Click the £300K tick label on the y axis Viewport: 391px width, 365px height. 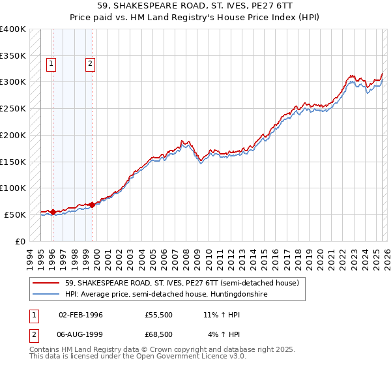click(x=12, y=82)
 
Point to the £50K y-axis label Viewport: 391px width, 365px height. click(x=14, y=214)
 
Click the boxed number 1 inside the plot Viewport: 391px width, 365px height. click(x=51, y=64)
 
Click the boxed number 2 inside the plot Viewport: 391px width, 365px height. click(x=90, y=64)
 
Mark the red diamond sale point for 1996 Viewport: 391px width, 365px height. click(x=53, y=212)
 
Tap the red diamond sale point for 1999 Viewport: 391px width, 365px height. click(x=92, y=205)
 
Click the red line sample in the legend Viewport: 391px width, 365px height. click(x=46, y=283)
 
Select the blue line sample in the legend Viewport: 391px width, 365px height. click(x=46, y=295)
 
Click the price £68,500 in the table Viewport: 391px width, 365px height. click(x=159, y=334)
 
